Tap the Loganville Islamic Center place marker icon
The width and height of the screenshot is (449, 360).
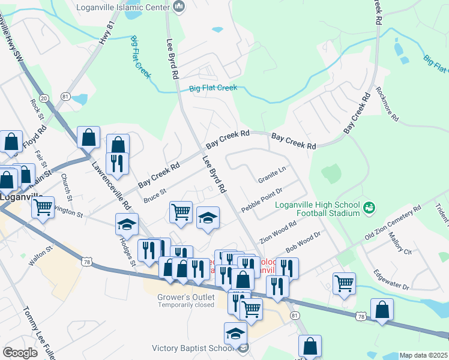178,7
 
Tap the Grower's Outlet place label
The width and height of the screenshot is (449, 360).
186,296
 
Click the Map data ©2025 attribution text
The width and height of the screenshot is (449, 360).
423,355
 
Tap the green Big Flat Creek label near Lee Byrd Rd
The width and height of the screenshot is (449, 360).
213,88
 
